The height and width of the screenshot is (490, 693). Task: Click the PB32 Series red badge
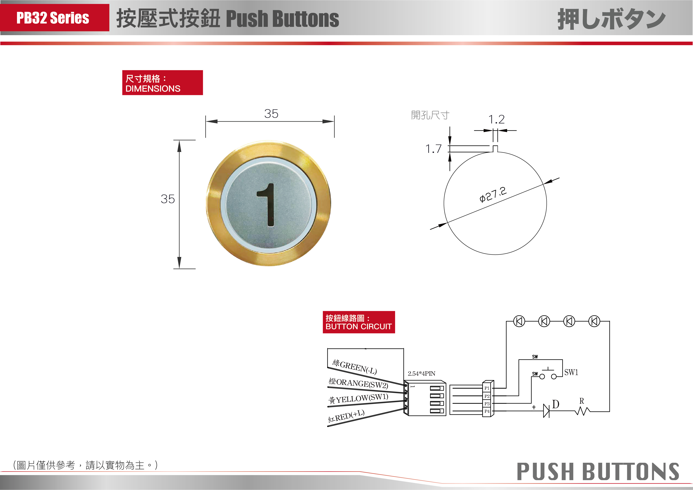[x=55, y=18]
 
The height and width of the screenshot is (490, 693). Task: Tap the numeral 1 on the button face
[x=266, y=205]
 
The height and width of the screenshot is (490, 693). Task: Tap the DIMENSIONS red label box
[x=162, y=83]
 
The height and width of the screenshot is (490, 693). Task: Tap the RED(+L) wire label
[x=346, y=416]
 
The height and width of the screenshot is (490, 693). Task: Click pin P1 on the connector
[x=487, y=388]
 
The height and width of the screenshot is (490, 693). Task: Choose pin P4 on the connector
[x=487, y=411]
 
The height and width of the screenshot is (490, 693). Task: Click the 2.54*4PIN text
[x=421, y=373]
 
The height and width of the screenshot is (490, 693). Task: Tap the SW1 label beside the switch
[x=571, y=372]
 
